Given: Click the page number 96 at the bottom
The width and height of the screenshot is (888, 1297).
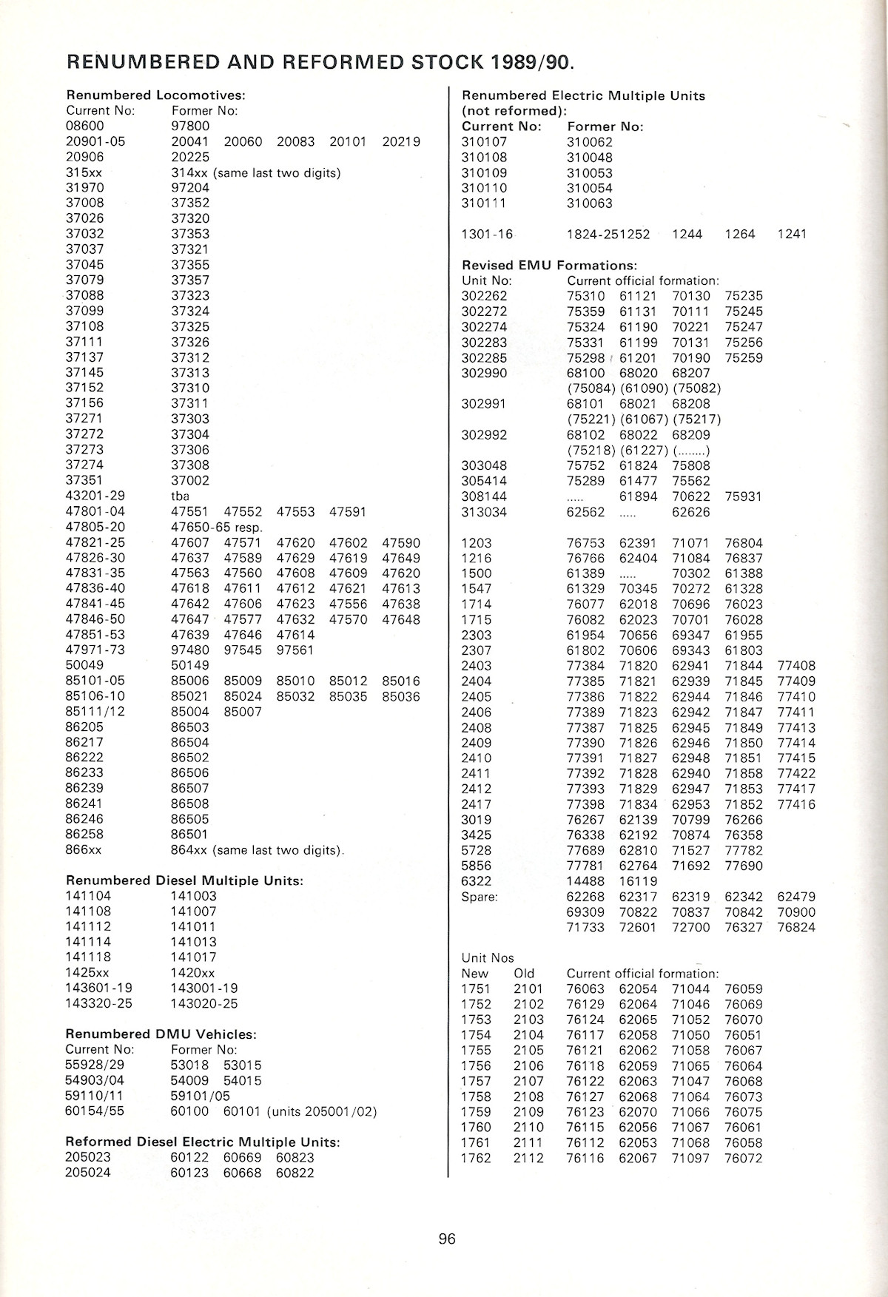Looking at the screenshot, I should coord(447,1239).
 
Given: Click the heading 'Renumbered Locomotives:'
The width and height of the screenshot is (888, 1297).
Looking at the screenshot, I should coord(155,95).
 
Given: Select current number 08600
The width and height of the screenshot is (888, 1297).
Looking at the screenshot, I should coord(85,126).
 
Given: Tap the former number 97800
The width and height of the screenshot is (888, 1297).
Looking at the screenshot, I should coord(190,126).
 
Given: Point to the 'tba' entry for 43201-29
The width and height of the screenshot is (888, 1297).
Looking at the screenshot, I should coord(180,496).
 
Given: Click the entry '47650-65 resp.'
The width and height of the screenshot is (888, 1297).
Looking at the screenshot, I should coord(216,527).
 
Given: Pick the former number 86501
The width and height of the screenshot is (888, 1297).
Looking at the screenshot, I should coord(190,835).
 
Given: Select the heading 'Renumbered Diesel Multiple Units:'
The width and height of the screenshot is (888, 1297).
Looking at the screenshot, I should coord(184,880).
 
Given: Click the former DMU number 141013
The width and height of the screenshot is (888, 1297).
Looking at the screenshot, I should coord(194,942).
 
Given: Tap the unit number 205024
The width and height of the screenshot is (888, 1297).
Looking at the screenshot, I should coord(88,1173).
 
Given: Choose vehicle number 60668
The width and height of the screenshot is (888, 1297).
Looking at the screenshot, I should coord(243,1173).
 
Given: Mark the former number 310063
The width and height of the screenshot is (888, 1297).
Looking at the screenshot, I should coord(590,203).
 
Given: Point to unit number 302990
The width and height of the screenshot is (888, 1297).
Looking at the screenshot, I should coord(484,373).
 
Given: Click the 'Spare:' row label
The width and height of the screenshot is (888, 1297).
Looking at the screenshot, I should coord(480,897).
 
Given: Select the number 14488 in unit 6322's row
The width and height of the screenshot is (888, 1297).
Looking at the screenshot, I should coord(585,881).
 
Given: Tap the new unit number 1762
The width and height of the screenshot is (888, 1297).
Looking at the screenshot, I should coord(476,1158).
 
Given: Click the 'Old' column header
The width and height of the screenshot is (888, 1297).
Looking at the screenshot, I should coord(525,974).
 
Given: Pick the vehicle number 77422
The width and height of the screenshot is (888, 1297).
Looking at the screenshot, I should coord(796,773).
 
